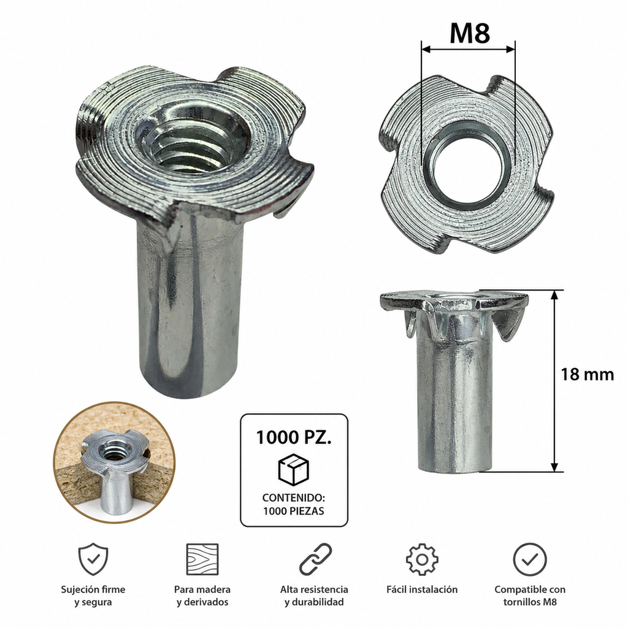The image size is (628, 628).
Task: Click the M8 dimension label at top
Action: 469,33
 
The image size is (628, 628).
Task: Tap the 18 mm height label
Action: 587,375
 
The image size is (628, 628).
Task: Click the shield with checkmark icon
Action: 93,559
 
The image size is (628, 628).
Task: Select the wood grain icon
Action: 202,559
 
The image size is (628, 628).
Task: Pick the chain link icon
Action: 316,559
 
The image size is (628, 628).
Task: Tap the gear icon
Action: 422,559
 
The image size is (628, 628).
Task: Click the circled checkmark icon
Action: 530,559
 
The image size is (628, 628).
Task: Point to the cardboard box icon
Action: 294,469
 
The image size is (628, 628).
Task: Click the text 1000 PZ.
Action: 294,437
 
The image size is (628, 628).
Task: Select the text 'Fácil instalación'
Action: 422,589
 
